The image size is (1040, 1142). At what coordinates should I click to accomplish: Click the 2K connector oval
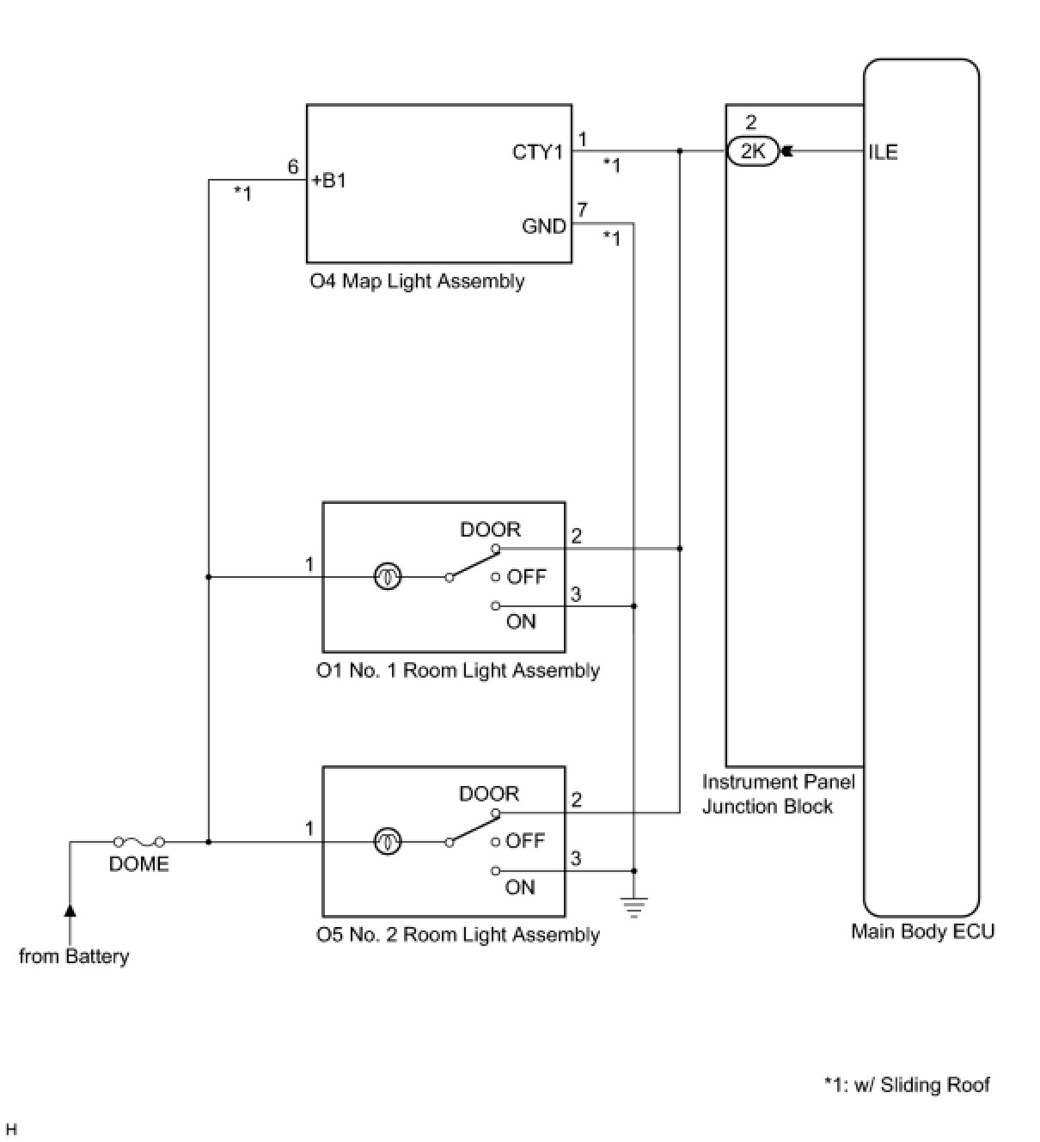click(x=752, y=152)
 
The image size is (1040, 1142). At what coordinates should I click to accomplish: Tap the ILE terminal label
click(x=883, y=152)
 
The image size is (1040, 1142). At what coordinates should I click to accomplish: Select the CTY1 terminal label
click(x=537, y=152)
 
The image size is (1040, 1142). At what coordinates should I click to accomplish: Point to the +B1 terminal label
click(x=329, y=181)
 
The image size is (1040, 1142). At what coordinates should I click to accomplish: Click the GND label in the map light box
click(x=544, y=226)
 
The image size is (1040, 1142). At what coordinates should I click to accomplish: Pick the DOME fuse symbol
click(x=138, y=842)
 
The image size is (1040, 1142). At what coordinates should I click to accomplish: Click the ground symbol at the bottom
click(x=634, y=906)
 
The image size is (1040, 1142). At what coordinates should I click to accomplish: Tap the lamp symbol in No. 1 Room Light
click(x=388, y=577)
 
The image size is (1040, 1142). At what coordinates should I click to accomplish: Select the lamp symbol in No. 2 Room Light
click(x=388, y=842)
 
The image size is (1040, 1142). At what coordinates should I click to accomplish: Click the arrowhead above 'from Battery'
click(x=70, y=910)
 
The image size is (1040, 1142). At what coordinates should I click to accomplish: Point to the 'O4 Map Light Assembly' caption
click(x=417, y=281)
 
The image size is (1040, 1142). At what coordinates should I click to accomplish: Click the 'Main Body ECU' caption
click(x=922, y=931)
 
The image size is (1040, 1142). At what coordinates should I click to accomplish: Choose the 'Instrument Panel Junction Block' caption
click(x=778, y=794)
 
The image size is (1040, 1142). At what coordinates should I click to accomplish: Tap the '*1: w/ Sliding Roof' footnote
click(x=907, y=1084)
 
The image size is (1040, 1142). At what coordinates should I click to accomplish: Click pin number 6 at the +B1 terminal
click(x=293, y=167)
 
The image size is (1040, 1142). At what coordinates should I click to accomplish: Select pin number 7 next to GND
click(x=582, y=210)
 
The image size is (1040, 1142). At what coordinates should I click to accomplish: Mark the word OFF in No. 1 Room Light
click(x=526, y=577)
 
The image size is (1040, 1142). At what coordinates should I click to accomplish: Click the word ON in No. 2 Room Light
click(x=520, y=887)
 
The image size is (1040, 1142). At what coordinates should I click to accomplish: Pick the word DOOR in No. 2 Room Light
click(x=489, y=794)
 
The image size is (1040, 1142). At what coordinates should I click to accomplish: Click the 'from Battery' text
click(x=74, y=956)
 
